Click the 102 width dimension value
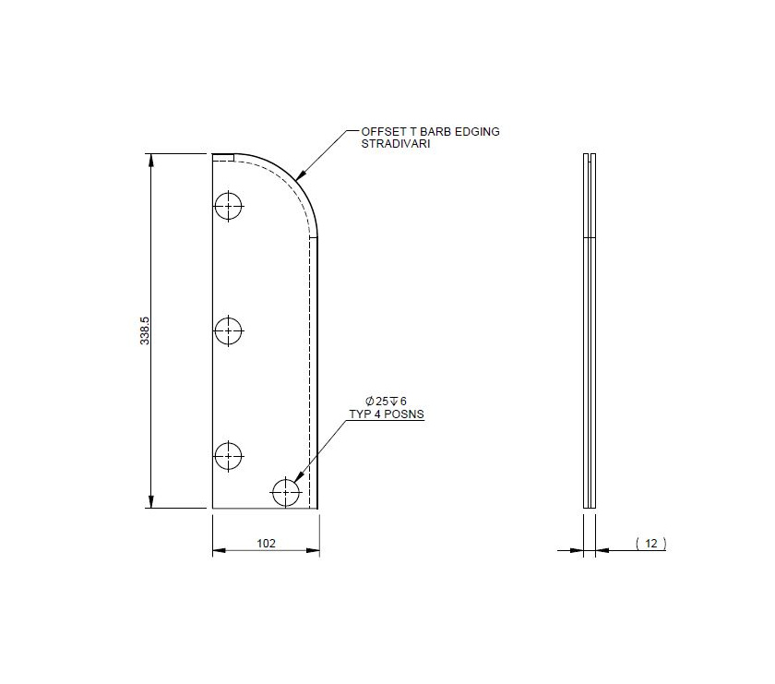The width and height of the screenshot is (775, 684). click(x=266, y=544)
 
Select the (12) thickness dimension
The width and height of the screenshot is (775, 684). click(x=651, y=544)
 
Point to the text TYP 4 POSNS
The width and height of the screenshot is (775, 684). click(x=386, y=414)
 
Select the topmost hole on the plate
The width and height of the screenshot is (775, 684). click(x=229, y=206)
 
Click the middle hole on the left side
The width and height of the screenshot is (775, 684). click(x=229, y=330)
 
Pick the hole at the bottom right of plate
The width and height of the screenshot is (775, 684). click(x=286, y=492)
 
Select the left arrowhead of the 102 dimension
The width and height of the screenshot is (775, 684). click(x=219, y=552)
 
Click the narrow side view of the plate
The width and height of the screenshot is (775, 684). click(x=590, y=330)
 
